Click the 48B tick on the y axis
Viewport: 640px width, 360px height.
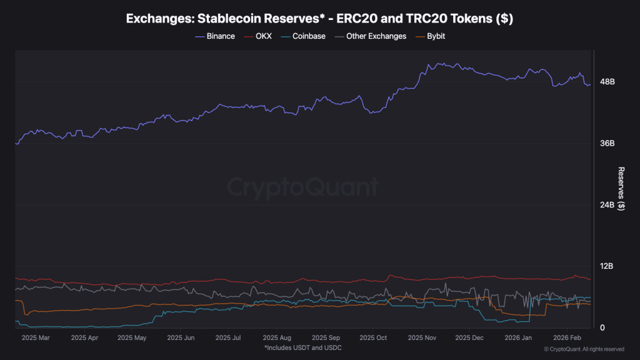tap(607, 82)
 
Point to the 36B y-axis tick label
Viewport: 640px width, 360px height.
tap(607, 143)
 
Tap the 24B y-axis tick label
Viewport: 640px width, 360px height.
tap(607, 205)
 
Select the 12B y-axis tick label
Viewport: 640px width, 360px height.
tap(607, 266)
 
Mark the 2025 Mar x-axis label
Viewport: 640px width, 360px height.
tap(35, 337)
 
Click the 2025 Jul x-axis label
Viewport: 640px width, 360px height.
tap(228, 337)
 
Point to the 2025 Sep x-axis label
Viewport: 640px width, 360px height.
tap(325, 337)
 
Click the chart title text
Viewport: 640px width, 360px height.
tap(319, 19)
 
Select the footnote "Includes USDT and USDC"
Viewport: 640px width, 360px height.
tap(302, 347)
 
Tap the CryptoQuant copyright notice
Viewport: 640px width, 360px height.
tap(584, 349)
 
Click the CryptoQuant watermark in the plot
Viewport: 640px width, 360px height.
tap(302, 187)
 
